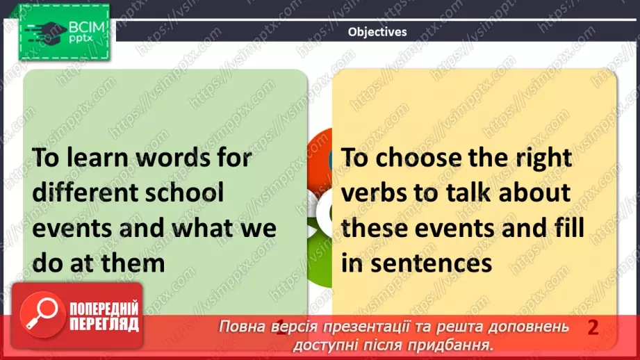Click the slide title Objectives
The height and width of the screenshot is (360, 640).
point(377,31)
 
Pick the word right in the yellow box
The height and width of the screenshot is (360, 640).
point(544,158)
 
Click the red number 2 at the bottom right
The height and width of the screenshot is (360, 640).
point(593,327)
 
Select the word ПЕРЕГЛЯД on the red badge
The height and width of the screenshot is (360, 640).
point(104,324)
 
